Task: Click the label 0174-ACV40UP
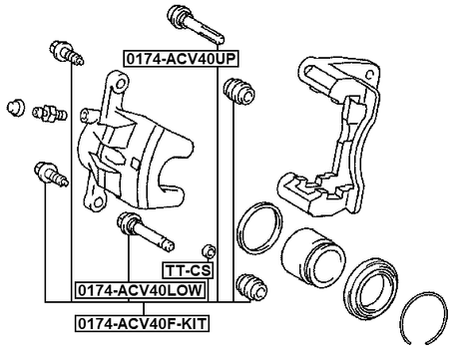click(x=181, y=60)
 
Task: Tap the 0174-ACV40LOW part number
click(x=140, y=290)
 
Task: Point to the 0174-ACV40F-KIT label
click(x=143, y=323)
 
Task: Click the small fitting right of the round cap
click(x=45, y=111)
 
